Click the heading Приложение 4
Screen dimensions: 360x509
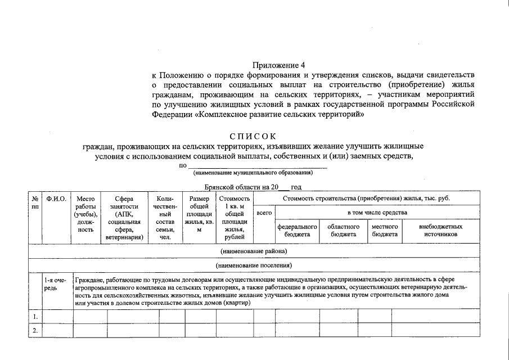pos(274,66)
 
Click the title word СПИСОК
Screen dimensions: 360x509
pos(253,136)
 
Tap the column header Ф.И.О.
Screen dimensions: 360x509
pos(56,199)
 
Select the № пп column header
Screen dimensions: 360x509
pos(35,202)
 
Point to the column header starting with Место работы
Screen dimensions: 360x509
pos(85,214)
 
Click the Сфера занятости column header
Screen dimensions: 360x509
pos(124,218)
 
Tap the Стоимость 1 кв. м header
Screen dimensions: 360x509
pos(234,218)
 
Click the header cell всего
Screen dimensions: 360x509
pos(264,213)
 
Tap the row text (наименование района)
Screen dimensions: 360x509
pos(254,250)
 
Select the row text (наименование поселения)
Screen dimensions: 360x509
pos(254,265)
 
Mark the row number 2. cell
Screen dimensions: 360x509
pos(35,330)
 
